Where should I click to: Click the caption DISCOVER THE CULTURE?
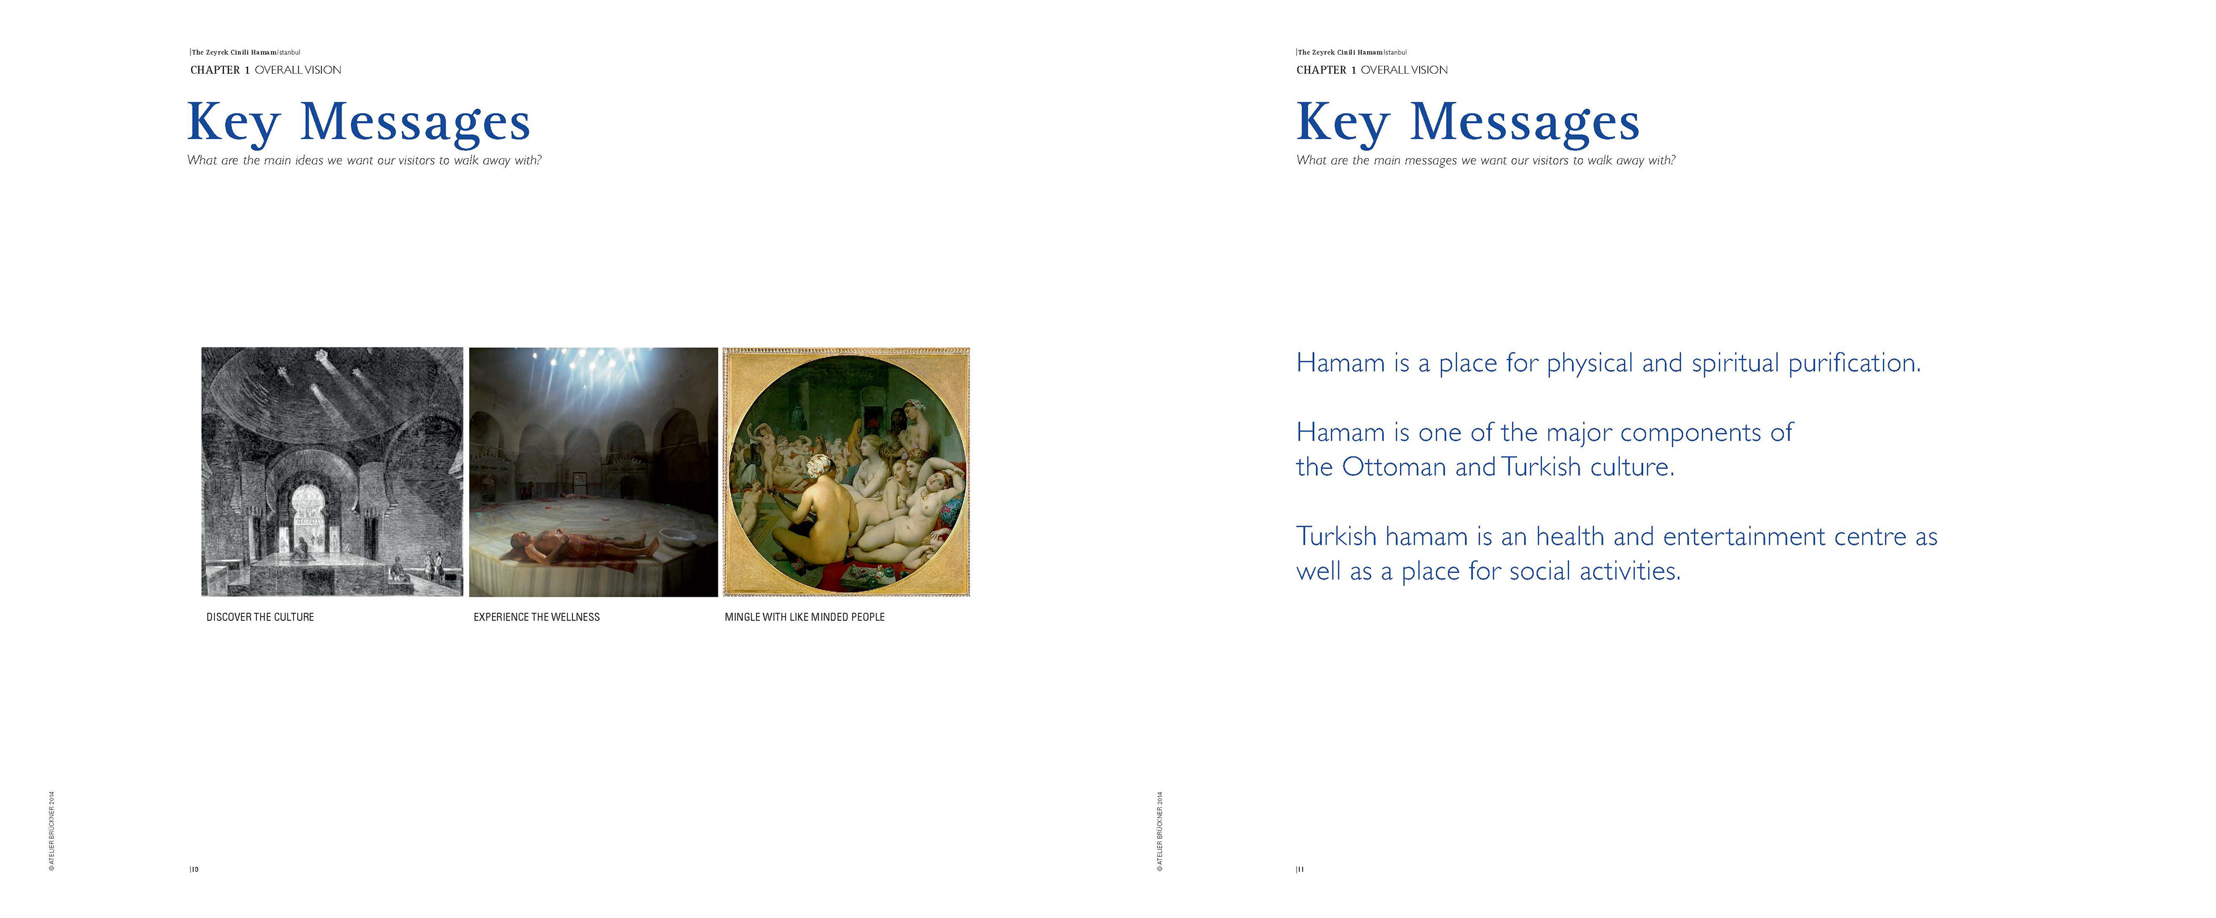pyautogui.click(x=260, y=617)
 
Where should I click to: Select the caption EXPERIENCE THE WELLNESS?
pyautogui.click(x=536, y=617)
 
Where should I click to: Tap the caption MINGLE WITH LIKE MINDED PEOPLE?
pyautogui.click(x=804, y=617)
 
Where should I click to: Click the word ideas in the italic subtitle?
pyautogui.click(x=309, y=161)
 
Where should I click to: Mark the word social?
pyautogui.click(x=1539, y=571)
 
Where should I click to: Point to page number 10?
pyautogui.click(x=194, y=869)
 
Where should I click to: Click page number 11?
pyautogui.click(x=1300, y=869)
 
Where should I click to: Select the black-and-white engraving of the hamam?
pyautogui.click(x=332, y=471)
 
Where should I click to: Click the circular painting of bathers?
pyautogui.click(x=847, y=471)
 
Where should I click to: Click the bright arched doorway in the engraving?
pyautogui.click(x=306, y=512)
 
